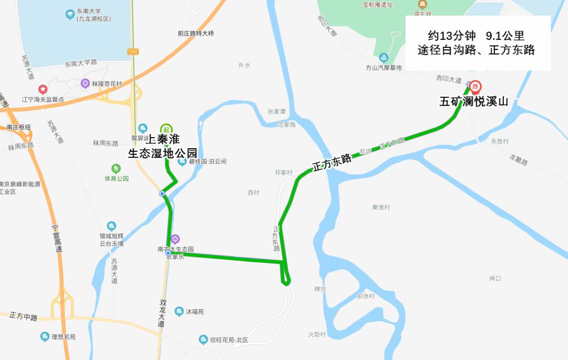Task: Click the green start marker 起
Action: [166, 129]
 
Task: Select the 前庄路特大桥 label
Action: [196, 34]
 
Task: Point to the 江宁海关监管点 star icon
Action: [43, 90]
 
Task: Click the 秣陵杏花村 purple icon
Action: [85, 83]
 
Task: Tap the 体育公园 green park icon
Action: [116, 169]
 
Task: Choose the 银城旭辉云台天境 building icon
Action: [111, 226]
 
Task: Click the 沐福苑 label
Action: [195, 312]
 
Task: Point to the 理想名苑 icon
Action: [45, 336]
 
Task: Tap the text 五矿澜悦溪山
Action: [474, 102]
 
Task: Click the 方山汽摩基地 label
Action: [383, 68]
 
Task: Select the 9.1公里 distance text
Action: [505, 36]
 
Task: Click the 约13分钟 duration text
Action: [452, 36]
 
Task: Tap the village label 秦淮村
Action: [381, 208]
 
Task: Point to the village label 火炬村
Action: [317, 335]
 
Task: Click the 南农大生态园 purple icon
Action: [175, 239]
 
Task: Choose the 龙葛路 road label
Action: [518, 159]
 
